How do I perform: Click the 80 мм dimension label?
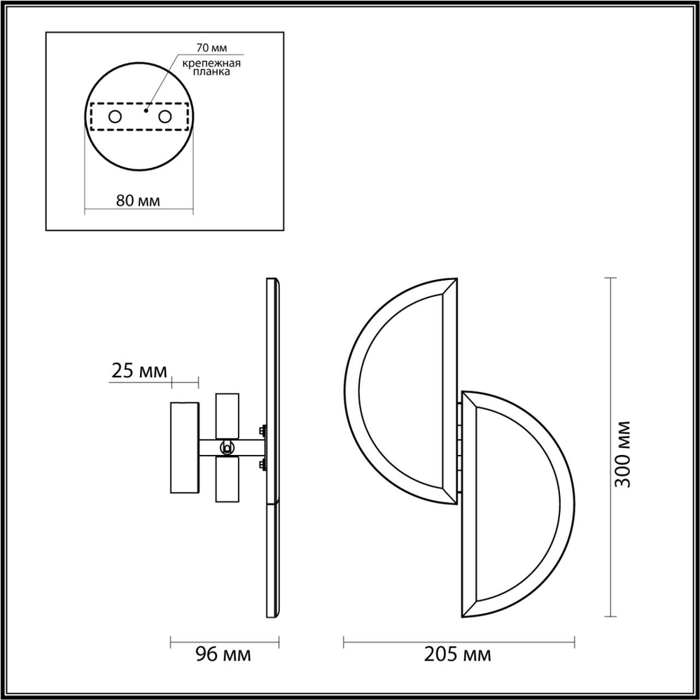tap(138, 201)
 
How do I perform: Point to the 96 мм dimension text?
tap(224, 655)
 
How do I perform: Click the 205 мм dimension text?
tap(458, 655)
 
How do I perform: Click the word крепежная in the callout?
tap(211, 63)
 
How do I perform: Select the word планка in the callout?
tap(211, 72)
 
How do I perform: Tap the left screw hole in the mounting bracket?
tap(114, 116)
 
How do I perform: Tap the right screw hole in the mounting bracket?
tap(164, 116)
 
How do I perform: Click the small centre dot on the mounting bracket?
tap(146, 110)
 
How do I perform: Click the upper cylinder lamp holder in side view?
tap(227, 415)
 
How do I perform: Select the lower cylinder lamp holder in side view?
tap(227, 479)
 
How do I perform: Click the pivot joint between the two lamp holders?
tap(227, 447)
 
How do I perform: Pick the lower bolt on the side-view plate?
tap(262, 463)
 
